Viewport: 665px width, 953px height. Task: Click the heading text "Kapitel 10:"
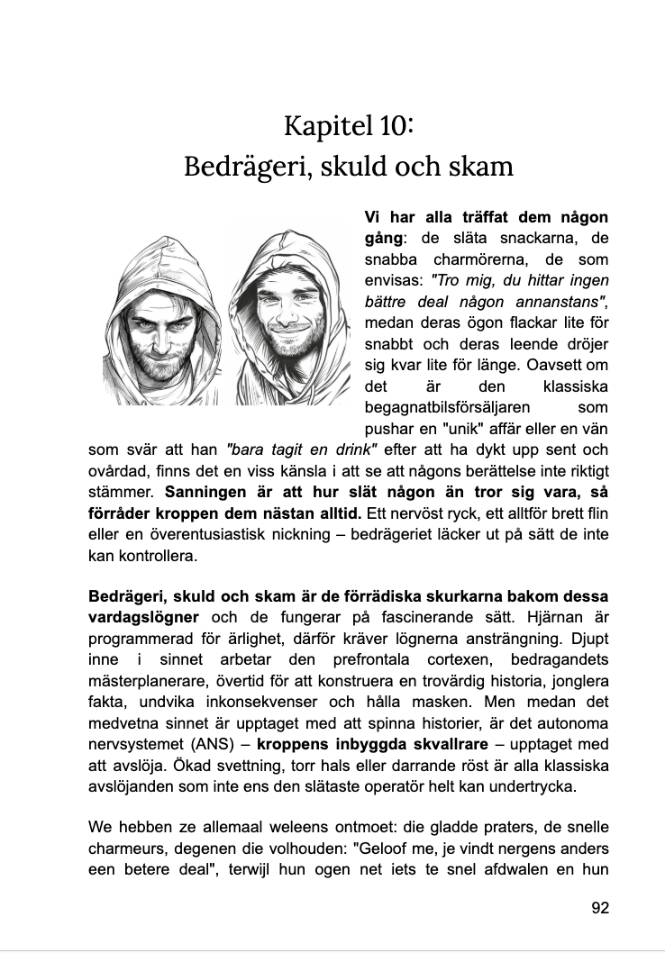coord(349,124)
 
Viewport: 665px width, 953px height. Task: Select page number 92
coord(600,907)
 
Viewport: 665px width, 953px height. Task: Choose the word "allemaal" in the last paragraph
coord(222,828)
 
